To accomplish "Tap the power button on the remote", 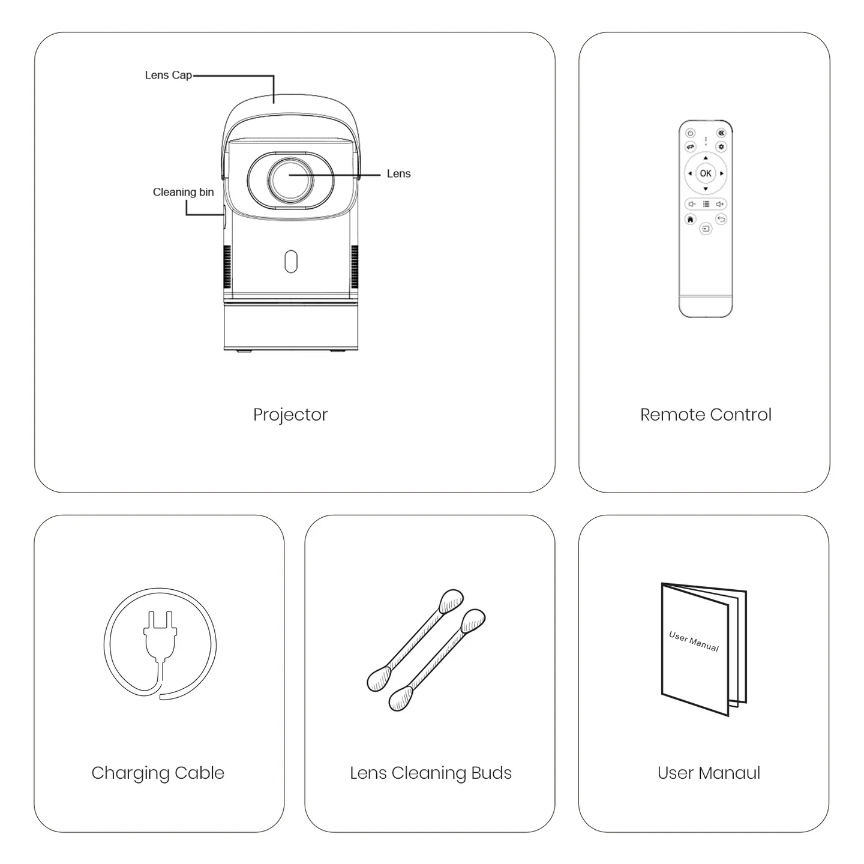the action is click(x=690, y=133).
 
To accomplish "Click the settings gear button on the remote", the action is click(x=721, y=146).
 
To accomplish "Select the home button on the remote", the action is click(x=690, y=219).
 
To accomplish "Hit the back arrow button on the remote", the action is click(x=721, y=219).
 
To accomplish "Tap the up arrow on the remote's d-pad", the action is click(x=705, y=158).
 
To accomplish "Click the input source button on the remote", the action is click(x=706, y=229).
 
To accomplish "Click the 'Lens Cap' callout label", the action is click(x=168, y=76).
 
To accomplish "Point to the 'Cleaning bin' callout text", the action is click(x=184, y=193).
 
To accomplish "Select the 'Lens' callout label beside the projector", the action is click(x=398, y=173).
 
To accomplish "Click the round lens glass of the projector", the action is click(x=290, y=179).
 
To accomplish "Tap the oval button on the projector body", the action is click(x=291, y=262).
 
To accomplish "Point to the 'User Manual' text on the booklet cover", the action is click(x=694, y=641).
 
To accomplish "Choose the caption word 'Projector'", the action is click(x=290, y=415).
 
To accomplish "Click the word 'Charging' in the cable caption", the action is click(x=130, y=773).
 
